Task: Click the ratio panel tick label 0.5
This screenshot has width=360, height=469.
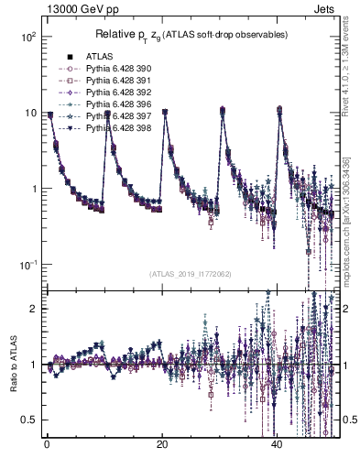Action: point(27,420)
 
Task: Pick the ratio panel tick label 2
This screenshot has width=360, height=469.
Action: point(33,309)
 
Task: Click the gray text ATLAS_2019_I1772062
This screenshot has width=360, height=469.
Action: point(190,274)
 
